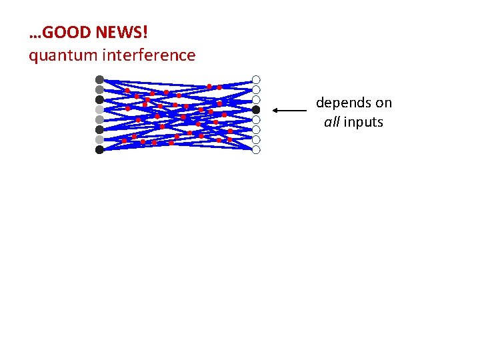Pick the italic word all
click(332, 123)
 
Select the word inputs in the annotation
click(363, 123)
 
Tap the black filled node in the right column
click(256, 109)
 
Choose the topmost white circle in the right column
click(256, 79)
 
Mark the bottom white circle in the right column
click(256, 149)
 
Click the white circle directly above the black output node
click(256, 99)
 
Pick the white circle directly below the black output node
click(256, 119)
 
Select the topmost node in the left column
click(99, 79)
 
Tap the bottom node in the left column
click(99, 149)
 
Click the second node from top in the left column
click(99, 89)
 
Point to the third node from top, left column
click(99, 99)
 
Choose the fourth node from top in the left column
click(99, 109)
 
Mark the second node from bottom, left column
click(99, 139)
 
